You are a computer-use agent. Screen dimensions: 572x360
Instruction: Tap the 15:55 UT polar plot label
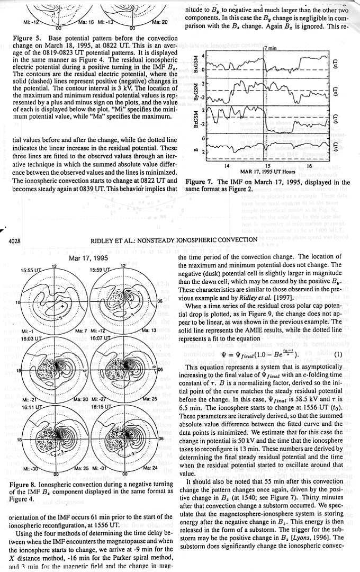(31, 270)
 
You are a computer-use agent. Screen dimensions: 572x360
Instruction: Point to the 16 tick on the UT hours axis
(309, 166)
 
